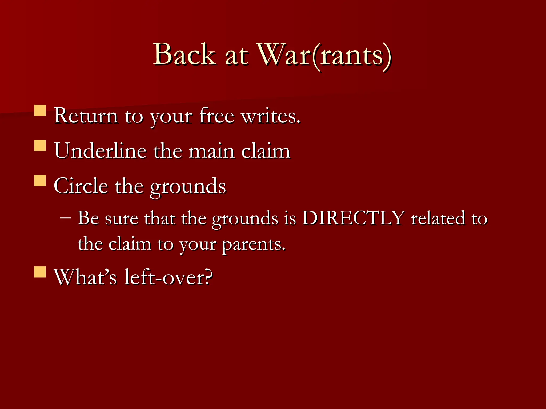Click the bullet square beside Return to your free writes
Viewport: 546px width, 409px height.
point(40,110)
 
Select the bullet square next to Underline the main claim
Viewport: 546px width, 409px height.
point(40,146)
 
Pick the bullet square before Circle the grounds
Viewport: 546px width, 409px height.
point(40,180)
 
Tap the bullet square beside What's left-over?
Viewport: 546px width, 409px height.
point(40,272)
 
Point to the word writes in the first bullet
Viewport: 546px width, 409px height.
point(270,116)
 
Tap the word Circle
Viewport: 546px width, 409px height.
point(81,186)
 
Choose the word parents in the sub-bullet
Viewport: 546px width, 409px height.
point(253,244)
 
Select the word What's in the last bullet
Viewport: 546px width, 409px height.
point(85,277)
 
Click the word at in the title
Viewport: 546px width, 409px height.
point(236,56)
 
